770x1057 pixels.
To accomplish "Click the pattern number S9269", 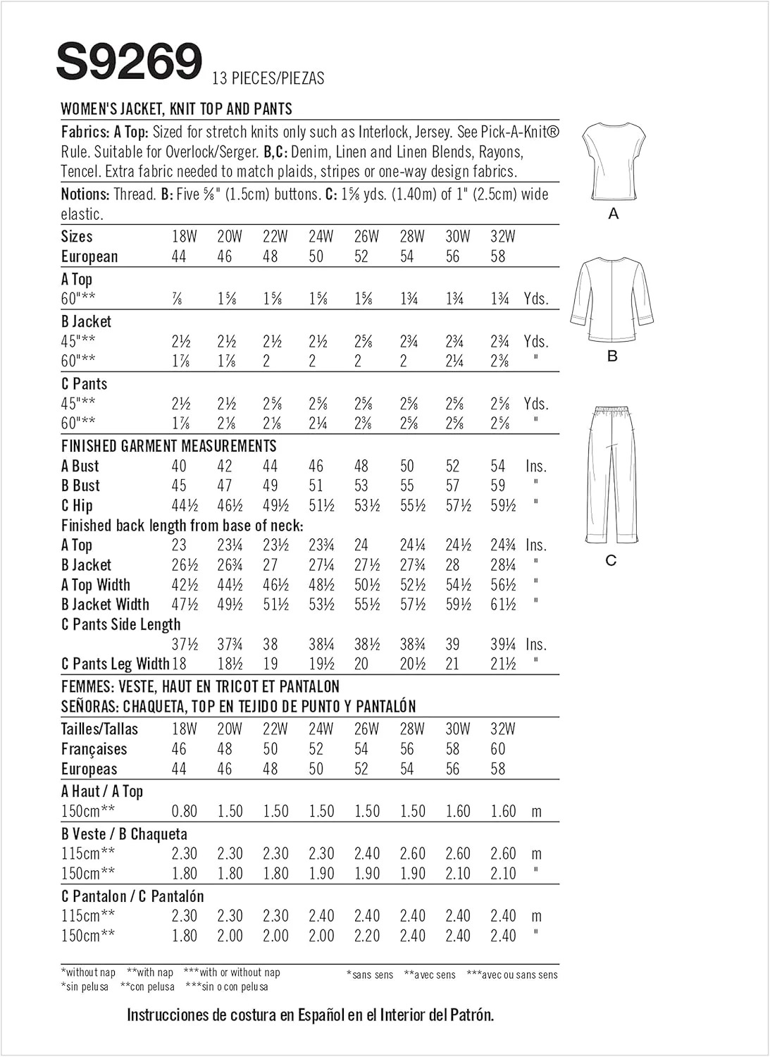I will click(x=129, y=61).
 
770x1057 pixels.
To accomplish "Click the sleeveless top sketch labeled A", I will click(x=613, y=161).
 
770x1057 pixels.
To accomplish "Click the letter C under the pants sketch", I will click(x=611, y=560).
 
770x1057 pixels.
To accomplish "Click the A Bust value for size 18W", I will click(x=179, y=466).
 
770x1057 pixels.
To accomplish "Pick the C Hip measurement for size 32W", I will click(x=503, y=506).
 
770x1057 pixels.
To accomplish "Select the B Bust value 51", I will click(x=316, y=486).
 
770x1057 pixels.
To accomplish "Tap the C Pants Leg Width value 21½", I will click(x=503, y=665).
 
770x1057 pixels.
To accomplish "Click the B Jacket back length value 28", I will click(x=452, y=565).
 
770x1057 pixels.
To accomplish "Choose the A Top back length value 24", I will click(x=361, y=545).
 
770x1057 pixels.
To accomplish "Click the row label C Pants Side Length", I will click(x=120, y=625).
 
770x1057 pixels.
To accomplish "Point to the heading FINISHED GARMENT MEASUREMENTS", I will click(x=168, y=446).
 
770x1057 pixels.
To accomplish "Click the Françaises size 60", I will click(x=498, y=749).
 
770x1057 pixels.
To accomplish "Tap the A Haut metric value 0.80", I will click(x=184, y=811).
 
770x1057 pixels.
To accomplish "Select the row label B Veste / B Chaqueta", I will click(x=124, y=834).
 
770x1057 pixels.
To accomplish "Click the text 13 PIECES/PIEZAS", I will click(x=268, y=78).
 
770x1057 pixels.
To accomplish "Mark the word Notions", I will click(x=85, y=194).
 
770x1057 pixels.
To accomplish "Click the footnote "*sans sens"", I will click(x=370, y=975).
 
